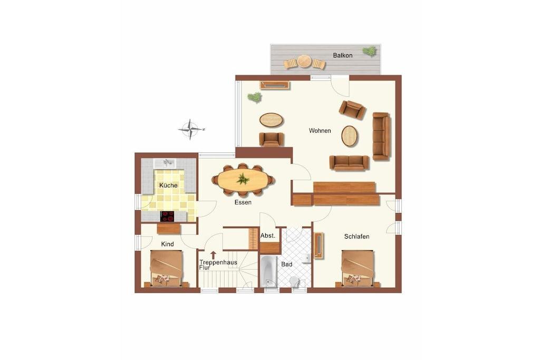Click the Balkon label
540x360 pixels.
pos(342,55)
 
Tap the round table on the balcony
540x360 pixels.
pos(304,62)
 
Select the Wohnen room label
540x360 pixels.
pos(320,131)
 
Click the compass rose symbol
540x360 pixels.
pos(190,130)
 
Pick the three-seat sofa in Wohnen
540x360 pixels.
pos(382,137)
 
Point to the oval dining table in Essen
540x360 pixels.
pos(244,179)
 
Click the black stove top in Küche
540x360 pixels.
pos(167,216)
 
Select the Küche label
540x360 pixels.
pos(168,185)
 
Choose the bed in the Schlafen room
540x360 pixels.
pos(358,268)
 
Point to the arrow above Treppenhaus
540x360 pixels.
pos(214,255)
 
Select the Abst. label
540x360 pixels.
pos(267,236)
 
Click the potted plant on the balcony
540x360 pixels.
pos(370,51)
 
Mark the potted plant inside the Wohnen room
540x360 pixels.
pos(255,98)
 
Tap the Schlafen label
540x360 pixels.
pos(357,237)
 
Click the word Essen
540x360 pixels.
pos(243,202)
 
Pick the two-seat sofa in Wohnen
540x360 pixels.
pos(349,163)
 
